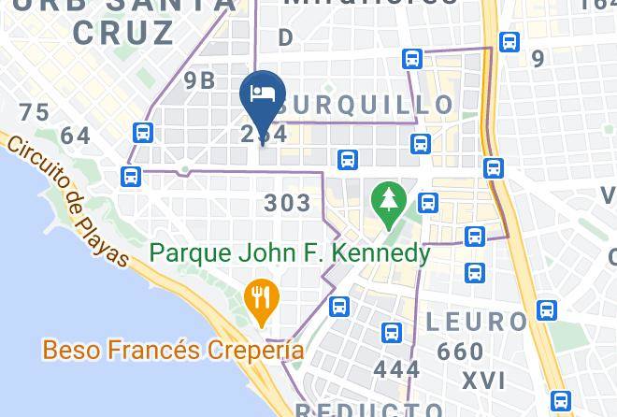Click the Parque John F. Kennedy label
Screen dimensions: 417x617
click(x=291, y=253)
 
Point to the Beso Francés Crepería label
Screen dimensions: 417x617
click(x=173, y=351)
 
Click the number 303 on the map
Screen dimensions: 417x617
click(x=288, y=202)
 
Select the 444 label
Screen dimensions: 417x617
click(x=396, y=369)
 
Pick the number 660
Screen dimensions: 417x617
click(x=460, y=352)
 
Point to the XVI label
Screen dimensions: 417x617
click(x=482, y=381)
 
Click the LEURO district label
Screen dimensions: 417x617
click(x=476, y=323)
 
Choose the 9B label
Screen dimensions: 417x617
click(x=199, y=80)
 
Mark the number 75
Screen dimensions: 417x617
click(x=34, y=113)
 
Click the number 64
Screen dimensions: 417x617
click(x=75, y=137)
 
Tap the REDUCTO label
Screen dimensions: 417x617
click(x=370, y=410)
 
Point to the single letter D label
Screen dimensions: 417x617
click(x=286, y=38)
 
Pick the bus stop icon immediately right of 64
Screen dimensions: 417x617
click(x=143, y=133)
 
